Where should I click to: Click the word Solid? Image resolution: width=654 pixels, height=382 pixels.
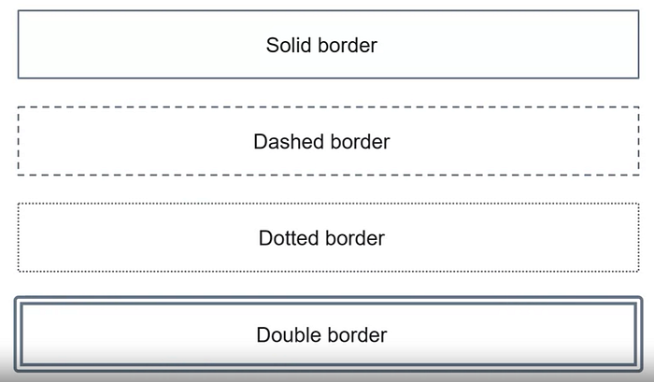289,45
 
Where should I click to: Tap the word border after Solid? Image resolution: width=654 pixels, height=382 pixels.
347,45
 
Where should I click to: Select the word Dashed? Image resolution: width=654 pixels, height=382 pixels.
289,142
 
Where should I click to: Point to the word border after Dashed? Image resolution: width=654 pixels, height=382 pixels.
359,142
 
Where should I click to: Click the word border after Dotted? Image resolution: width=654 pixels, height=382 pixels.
354,238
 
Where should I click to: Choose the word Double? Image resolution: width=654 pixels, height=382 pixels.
290,334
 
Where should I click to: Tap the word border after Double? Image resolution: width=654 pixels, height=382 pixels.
356,334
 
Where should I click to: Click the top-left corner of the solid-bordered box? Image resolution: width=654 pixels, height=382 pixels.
19,11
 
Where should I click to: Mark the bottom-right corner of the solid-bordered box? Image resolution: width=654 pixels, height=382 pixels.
638,78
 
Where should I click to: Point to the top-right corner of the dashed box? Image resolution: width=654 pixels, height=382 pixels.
638,108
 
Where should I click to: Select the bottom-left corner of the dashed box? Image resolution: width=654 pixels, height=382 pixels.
19,174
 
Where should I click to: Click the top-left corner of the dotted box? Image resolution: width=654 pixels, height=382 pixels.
19,205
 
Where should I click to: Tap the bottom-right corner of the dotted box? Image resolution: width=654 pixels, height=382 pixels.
638,271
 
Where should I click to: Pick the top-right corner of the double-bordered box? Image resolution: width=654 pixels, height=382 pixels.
640,300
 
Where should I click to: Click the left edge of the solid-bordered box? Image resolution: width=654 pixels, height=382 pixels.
19,45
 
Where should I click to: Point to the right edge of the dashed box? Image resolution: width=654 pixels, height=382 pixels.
638,141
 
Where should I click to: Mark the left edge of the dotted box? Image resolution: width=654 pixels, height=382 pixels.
19,238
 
